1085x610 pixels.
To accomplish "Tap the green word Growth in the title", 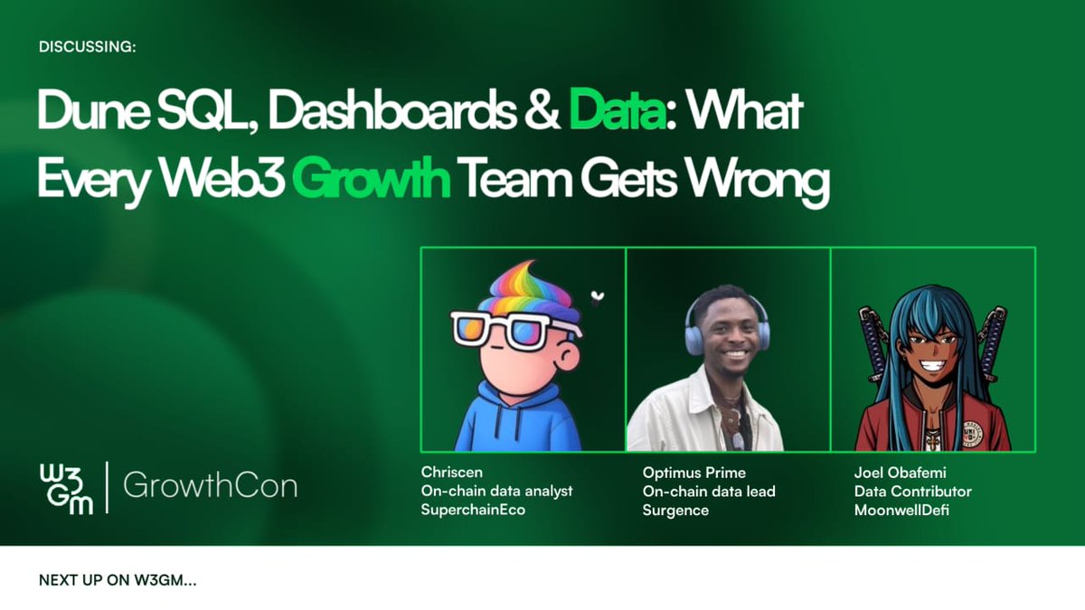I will tap(373, 182).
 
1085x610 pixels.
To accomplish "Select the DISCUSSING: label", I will tap(88, 47).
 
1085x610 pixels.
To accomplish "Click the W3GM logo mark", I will tap(66, 489).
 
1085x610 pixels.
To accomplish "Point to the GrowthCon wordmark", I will tap(210, 487).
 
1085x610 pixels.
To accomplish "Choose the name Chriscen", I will tap(451, 473).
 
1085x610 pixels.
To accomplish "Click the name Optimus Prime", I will tap(694, 473).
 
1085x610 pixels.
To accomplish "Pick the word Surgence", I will tap(675, 511).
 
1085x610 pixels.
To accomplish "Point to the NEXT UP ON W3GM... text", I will tap(118, 580).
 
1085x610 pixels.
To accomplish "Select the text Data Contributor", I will tap(912, 492).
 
